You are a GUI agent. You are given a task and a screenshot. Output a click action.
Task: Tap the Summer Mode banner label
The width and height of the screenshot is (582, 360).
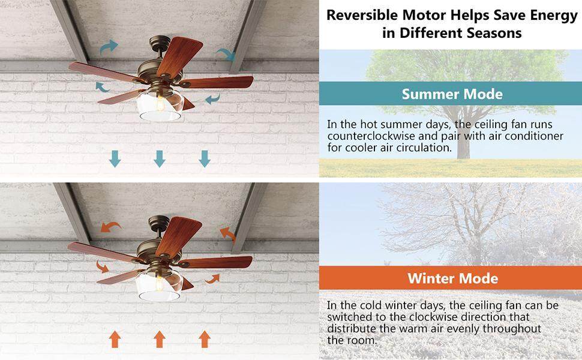tap(452, 94)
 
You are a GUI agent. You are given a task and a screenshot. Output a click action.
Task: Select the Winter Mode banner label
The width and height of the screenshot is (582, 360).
tap(452, 278)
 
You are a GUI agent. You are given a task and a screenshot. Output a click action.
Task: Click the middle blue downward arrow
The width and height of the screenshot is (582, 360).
tap(160, 158)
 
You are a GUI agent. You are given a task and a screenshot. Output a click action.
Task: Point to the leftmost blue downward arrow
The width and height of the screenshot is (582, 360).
tap(114, 158)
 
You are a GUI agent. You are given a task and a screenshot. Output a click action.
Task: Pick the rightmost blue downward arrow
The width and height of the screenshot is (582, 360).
tap(205, 158)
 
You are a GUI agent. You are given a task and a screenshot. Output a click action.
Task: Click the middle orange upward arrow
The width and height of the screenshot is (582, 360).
tap(160, 339)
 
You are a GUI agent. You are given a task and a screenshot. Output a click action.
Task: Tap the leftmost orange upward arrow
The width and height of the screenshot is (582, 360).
tap(114, 339)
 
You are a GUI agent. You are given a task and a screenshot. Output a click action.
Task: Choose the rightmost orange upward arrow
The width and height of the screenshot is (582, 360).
tap(205, 339)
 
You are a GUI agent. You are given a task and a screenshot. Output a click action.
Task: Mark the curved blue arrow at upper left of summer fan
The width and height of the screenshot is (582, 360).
tap(109, 47)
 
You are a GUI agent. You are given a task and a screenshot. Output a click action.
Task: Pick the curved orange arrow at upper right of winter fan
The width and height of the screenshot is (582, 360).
tap(227, 233)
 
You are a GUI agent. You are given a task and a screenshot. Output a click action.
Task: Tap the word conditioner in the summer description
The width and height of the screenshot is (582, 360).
tap(531, 136)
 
